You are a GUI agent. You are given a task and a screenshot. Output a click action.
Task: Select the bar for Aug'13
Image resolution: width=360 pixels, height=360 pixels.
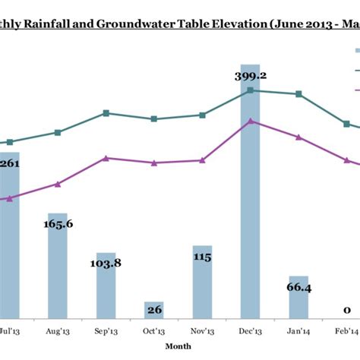(58, 273)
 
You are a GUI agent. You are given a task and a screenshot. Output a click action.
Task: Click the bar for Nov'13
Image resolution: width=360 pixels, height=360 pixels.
(202, 281)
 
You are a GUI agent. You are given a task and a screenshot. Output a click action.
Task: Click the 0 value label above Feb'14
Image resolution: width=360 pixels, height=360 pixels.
(346, 310)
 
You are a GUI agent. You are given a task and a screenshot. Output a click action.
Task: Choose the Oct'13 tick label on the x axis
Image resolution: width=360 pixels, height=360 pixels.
(154, 332)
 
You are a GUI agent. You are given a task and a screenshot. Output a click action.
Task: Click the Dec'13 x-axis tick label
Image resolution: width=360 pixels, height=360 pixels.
(251, 332)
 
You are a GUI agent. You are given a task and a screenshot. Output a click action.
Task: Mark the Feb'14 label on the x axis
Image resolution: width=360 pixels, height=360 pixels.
(346, 332)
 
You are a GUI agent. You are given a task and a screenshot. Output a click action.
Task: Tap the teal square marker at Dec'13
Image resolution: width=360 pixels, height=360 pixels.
(251, 90)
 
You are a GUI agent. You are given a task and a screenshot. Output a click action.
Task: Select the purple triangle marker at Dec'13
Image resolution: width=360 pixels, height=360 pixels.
(251, 121)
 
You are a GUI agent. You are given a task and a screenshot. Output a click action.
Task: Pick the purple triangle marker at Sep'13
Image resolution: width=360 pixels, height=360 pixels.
(106, 158)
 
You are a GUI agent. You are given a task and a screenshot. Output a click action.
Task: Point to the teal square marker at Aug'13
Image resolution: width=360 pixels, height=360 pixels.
(58, 132)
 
